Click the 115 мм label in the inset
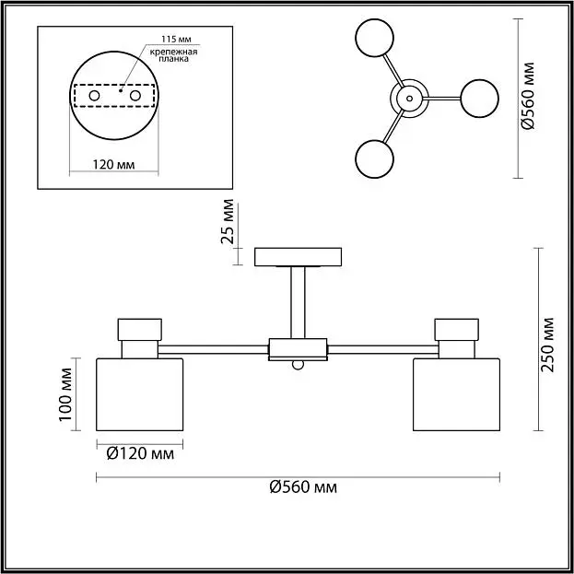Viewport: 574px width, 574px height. click(177, 40)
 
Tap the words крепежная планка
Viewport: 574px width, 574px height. click(173, 55)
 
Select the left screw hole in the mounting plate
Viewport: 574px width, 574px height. click(94, 96)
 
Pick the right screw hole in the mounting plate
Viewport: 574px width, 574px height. click(135, 96)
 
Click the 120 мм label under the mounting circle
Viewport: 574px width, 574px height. click(113, 165)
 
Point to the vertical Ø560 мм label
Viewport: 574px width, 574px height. click(528, 96)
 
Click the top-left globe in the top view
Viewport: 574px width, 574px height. click(374, 38)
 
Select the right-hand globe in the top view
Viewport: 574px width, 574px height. click(479, 99)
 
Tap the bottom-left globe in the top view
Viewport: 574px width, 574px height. click(374, 158)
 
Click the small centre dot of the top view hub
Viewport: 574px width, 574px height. click(409, 99)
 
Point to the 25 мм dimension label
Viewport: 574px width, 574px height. click(228, 221)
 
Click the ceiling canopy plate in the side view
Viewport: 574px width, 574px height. click(298, 257)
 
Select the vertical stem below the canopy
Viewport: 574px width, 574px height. click(298, 302)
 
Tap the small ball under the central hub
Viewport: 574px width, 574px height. click(298, 365)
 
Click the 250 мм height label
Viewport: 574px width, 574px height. click(547, 345)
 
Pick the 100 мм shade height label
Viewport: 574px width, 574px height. click(65, 394)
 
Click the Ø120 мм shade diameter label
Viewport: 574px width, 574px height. click(140, 454)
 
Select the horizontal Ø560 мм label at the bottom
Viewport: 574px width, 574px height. click(303, 487)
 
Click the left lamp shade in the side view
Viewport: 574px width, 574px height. click(139, 394)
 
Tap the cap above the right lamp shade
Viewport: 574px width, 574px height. click(456, 330)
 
